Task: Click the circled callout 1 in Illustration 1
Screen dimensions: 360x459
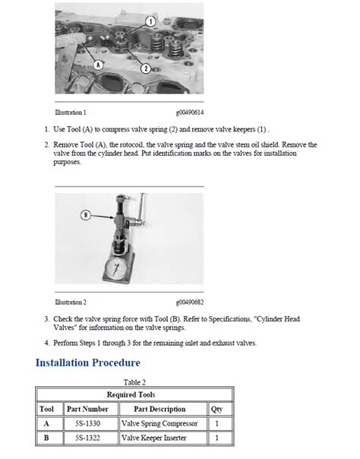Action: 150,21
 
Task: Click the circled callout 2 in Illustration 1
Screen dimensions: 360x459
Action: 146,69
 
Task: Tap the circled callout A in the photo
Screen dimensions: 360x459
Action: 98,65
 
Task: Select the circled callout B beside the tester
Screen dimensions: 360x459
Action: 86,216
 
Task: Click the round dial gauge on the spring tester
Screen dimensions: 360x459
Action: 115,268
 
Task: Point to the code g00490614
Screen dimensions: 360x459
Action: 190,112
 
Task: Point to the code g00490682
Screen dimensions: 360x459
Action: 190,302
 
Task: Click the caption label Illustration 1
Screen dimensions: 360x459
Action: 71,112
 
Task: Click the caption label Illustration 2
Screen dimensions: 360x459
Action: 71,302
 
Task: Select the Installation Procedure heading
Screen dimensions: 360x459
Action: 88,362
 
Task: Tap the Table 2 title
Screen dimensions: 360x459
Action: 134,382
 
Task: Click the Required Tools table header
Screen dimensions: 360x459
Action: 131,394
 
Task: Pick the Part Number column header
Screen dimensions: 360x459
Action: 87,409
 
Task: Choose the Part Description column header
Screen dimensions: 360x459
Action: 159,409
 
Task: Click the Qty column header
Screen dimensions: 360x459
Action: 216,410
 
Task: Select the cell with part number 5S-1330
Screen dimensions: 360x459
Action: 88,423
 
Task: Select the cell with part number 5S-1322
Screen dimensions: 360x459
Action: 88,438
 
